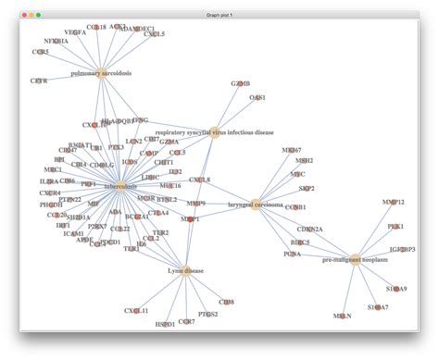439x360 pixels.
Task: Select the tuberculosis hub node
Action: [119, 187]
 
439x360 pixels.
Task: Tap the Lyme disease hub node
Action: [186, 271]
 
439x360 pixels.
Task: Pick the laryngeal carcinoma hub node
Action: [255, 205]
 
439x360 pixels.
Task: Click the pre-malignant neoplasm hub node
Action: [356, 260]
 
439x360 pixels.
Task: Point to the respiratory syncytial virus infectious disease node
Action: [214, 132]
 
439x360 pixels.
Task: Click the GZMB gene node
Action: [241, 83]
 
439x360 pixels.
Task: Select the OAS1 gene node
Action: [257, 97]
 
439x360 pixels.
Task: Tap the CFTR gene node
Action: [39, 81]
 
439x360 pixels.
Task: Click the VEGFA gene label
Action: [75, 32]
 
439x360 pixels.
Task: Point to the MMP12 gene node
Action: [393, 202]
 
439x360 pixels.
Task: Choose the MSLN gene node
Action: [342, 316]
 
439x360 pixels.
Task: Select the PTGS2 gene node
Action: [208, 315]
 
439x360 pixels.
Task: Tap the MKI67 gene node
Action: [292, 149]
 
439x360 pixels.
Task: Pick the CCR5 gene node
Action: [41, 52]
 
